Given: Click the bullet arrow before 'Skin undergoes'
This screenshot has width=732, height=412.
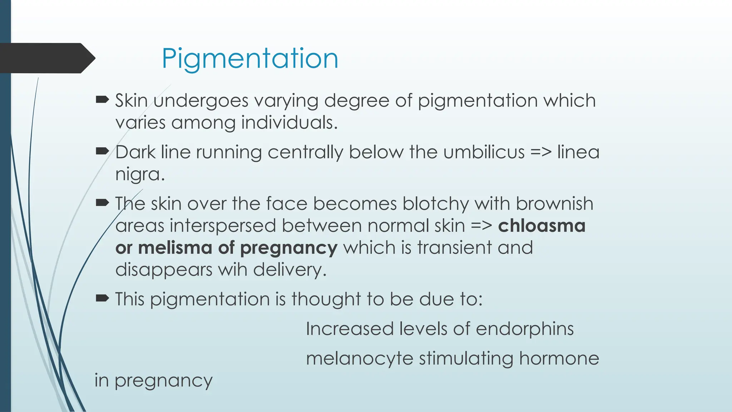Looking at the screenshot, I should [102, 100].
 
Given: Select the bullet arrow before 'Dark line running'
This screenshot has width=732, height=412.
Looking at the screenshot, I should [102, 152].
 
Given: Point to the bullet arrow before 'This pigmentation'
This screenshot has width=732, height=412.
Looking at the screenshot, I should [102, 298].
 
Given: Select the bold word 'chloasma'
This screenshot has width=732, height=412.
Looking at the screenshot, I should [541, 226].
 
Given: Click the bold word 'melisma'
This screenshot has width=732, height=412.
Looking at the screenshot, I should [175, 247].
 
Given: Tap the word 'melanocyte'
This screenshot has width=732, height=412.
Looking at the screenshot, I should [360, 358].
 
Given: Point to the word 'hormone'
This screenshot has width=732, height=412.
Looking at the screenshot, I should [559, 358].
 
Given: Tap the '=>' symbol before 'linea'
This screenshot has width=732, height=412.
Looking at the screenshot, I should [541, 152].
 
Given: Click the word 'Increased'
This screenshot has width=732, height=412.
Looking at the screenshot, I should [350, 329].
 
